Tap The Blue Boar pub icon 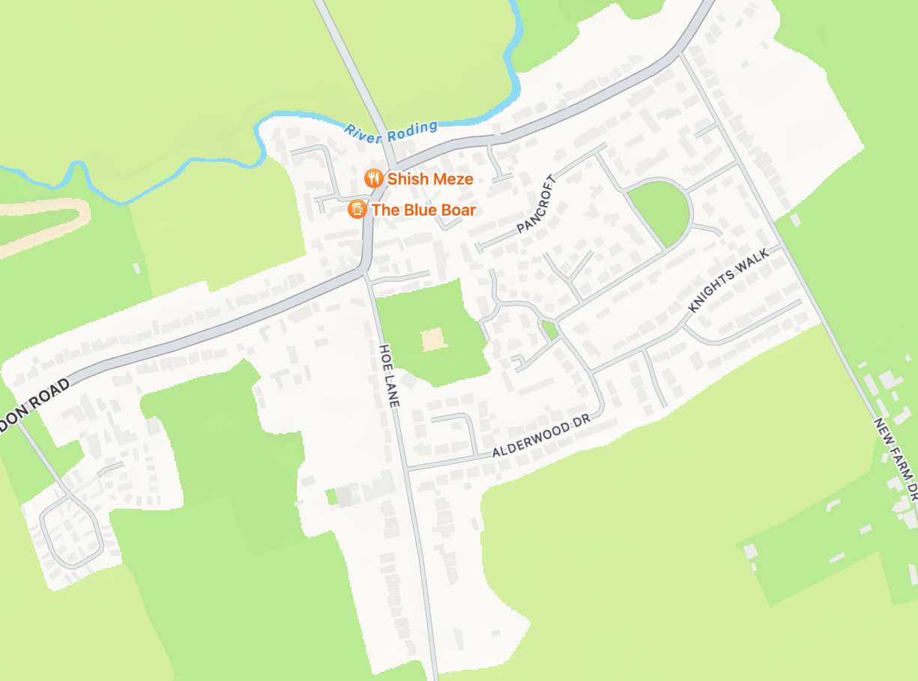pyautogui.click(x=357, y=210)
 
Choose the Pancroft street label pyautogui.click(x=538, y=204)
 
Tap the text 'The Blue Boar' pyautogui.click(x=423, y=211)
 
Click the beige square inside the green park pyautogui.click(x=433, y=339)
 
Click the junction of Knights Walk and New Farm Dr pyautogui.click(x=782, y=246)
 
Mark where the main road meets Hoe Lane pyautogui.click(x=365, y=273)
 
